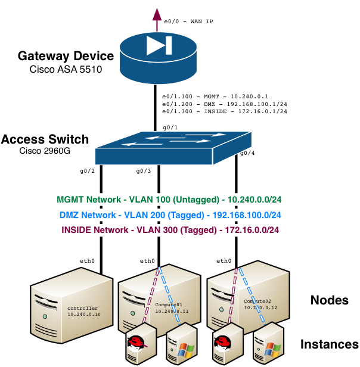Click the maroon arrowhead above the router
[x=157, y=14]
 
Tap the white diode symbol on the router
[x=159, y=46]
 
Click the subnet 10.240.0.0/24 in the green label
[x=255, y=200]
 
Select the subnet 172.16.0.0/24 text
[x=250, y=230]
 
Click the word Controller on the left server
[x=82, y=309]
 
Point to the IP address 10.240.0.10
[x=84, y=315]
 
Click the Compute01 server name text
[x=169, y=304]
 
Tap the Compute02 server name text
[x=257, y=301]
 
